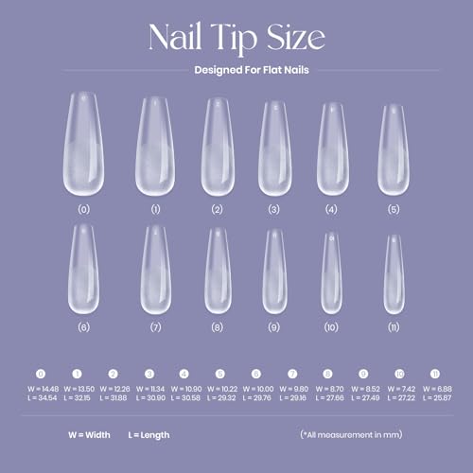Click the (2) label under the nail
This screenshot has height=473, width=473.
(218, 207)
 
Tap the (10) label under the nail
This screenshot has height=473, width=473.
(331, 326)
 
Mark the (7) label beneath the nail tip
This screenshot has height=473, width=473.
(155, 326)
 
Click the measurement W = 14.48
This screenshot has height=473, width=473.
(42, 388)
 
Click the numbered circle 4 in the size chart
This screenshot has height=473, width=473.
(184, 374)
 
